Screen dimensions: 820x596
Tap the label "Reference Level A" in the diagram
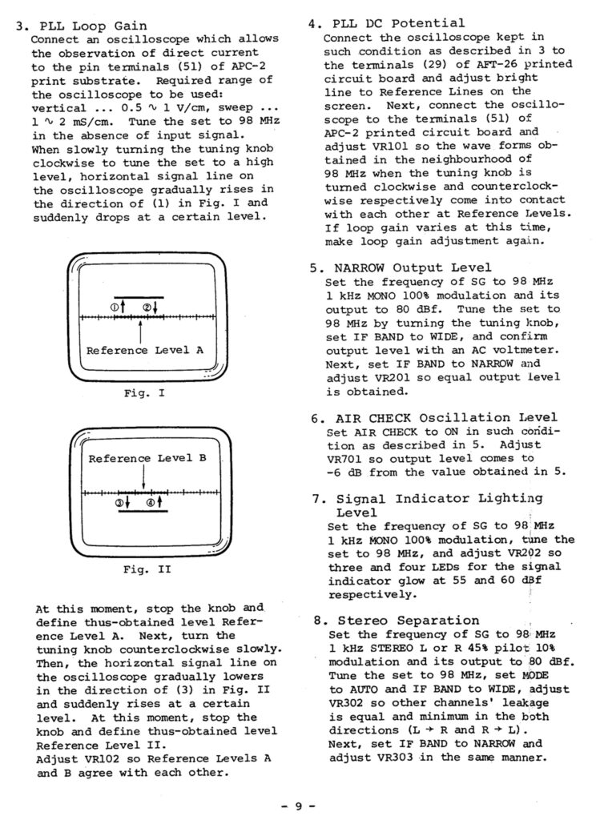click(145, 350)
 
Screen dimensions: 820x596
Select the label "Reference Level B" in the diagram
click(147, 458)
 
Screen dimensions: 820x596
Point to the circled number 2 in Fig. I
click(148, 307)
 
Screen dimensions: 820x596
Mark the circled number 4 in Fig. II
click(151, 503)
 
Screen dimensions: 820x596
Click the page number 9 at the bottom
click(298, 806)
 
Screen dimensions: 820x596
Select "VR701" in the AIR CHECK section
click(344, 458)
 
